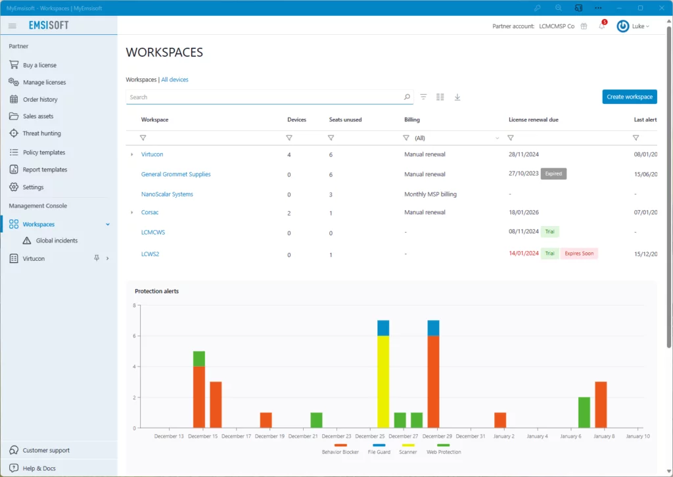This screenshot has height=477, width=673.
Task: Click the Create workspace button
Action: [x=629, y=97]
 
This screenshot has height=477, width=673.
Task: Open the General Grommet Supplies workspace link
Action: [x=176, y=174]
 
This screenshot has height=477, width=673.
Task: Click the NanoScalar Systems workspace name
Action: [x=167, y=194]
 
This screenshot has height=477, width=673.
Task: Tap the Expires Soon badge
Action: [x=579, y=254]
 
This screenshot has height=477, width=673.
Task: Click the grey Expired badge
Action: [x=553, y=173]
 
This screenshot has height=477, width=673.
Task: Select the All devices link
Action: [x=175, y=79]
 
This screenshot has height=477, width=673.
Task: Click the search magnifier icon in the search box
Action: [x=407, y=97]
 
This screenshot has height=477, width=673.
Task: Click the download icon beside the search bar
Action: [x=457, y=97]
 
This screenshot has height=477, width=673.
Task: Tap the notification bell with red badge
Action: [x=602, y=26]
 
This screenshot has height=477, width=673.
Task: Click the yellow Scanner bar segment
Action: [x=383, y=382]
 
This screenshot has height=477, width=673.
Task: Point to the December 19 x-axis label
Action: [x=269, y=436]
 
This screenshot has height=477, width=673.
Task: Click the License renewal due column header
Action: [x=534, y=120]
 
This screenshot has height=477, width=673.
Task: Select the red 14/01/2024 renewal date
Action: [x=524, y=253]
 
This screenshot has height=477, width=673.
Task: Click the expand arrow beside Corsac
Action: [x=131, y=212]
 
